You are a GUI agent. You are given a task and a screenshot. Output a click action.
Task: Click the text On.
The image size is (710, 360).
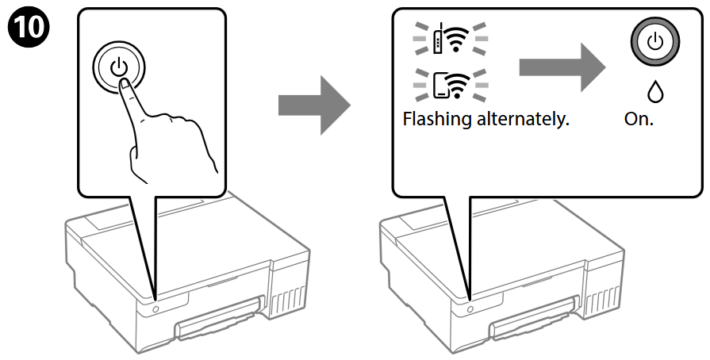639,122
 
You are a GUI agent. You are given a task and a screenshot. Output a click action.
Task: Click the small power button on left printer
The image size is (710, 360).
154,306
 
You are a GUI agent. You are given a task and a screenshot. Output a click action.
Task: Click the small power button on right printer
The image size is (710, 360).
470,306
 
